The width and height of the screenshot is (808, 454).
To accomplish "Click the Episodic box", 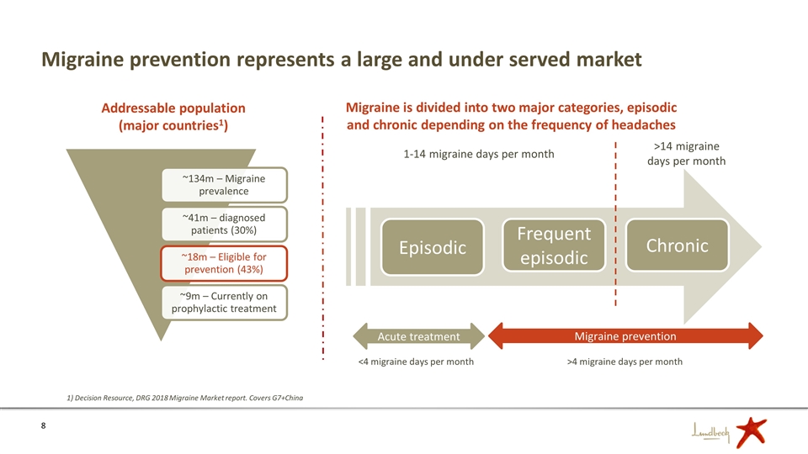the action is click(x=433, y=247).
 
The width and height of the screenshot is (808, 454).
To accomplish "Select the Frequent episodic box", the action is click(x=554, y=245).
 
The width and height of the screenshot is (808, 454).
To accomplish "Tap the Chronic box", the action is click(x=677, y=245).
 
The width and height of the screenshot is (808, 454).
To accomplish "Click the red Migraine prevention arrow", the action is click(x=625, y=336).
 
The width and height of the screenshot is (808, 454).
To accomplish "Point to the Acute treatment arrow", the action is click(x=418, y=336).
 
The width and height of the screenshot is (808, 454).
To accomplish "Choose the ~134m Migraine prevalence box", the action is click(x=224, y=185).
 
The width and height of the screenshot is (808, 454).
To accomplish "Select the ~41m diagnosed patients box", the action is click(x=224, y=224).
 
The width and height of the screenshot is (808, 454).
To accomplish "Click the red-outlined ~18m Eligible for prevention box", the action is click(x=224, y=263).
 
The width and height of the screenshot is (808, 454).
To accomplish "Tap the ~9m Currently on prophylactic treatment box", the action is click(x=224, y=302).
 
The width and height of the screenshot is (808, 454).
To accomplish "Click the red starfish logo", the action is click(x=751, y=431).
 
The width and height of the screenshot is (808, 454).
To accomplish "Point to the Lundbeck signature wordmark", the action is click(x=711, y=433).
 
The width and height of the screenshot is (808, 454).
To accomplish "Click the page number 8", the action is click(x=43, y=425).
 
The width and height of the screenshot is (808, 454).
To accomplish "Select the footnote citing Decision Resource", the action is click(x=185, y=398).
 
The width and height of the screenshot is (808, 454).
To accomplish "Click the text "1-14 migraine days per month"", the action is click(x=479, y=154).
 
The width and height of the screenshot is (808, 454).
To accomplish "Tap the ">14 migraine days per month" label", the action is click(x=687, y=153).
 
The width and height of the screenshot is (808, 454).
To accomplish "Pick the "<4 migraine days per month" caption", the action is click(x=416, y=362).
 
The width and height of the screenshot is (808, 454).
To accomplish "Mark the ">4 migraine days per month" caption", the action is click(x=625, y=362).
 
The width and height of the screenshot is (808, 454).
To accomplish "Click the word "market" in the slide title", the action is click(x=609, y=59).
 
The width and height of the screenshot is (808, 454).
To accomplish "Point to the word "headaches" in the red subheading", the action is click(x=643, y=124).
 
